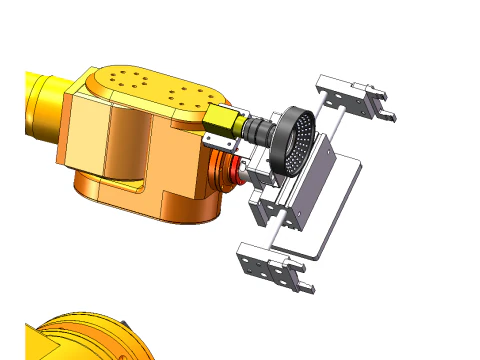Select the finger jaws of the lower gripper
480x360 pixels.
(x=297, y=277)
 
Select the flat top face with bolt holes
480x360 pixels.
(x=150, y=88)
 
